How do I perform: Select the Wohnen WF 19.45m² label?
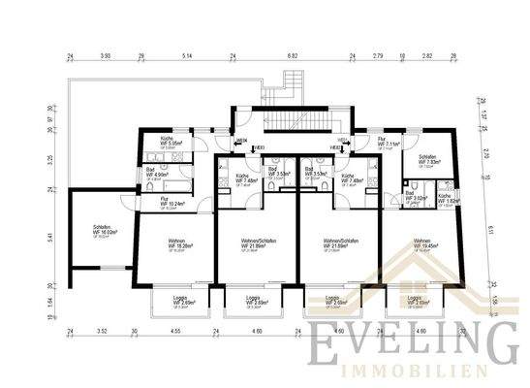pos(423,243)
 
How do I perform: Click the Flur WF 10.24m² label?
pos(172,203)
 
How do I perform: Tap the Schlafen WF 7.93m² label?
pos(430,160)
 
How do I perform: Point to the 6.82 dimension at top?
pos(292,57)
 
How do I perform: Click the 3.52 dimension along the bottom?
pos(101,333)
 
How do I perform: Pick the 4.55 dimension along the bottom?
pos(175,333)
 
